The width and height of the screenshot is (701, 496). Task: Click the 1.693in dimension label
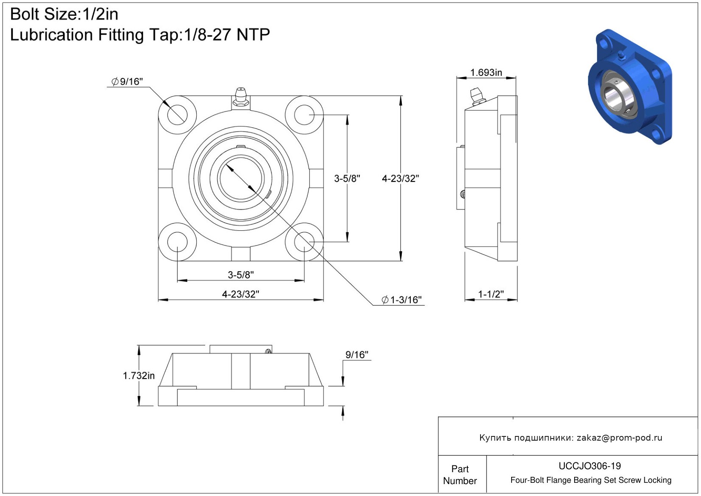click(486, 72)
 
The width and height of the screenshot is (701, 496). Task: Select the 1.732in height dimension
click(139, 376)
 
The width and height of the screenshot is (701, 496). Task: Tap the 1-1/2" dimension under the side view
click(491, 294)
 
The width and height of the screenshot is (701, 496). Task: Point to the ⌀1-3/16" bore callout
click(401, 300)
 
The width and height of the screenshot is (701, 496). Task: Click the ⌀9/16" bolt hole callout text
click(127, 81)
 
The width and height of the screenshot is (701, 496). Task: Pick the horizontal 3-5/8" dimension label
click(240, 275)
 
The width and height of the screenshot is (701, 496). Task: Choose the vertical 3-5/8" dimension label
click(347, 178)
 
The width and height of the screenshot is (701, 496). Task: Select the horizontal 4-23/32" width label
click(240, 294)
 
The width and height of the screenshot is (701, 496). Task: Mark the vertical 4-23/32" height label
click(400, 178)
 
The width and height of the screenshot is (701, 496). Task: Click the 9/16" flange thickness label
click(357, 355)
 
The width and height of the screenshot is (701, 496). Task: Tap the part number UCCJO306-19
click(589, 466)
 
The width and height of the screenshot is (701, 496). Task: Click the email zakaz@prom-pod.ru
click(619, 438)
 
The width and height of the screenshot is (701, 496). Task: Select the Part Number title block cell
click(460, 475)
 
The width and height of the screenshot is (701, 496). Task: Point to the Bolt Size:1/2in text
click(64, 14)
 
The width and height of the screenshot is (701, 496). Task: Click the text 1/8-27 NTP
click(227, 34)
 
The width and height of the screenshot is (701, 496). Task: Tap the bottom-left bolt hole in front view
click(177, 242)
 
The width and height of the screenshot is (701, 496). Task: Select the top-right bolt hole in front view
click(304, 115)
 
